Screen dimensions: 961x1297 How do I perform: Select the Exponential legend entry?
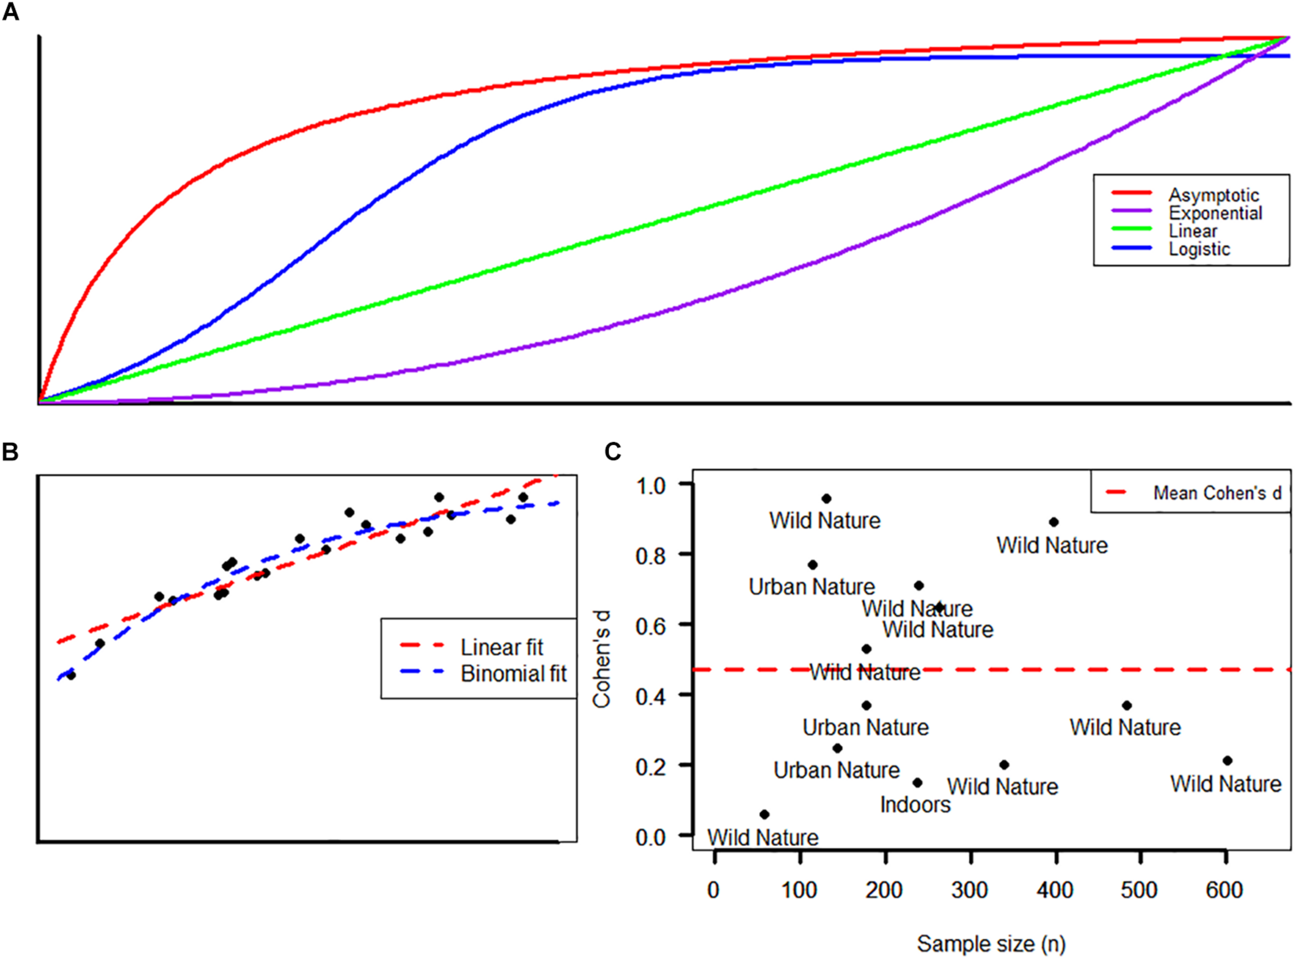[1215, 213]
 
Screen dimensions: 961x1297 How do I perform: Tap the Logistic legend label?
[1199, 249]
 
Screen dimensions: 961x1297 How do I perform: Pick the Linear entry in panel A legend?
[1192, 231]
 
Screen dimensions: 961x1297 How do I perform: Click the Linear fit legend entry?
[501, 647]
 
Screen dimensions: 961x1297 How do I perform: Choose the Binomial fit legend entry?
[513, 674]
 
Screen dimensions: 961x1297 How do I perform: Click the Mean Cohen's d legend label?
[1217, 493]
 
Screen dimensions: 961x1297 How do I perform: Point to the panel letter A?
[10, 11]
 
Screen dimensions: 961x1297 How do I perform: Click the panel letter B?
[10, 451]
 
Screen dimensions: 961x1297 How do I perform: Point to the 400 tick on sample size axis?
[1055, 890]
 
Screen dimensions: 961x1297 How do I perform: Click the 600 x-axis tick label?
[1224, 890]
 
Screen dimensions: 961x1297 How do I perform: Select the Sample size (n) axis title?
[990, 943]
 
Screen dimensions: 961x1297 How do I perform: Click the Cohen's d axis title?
[601, 659]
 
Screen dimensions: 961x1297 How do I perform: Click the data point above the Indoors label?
[917, 782]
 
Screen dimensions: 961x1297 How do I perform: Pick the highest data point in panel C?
[826, 499]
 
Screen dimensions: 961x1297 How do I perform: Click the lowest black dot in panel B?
[71, 676]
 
